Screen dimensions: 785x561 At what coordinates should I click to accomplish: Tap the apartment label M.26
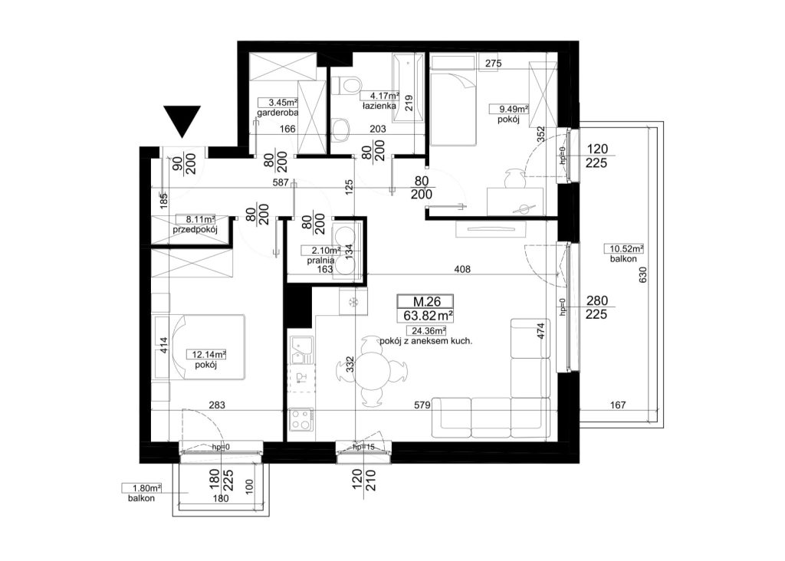tap(426, 301)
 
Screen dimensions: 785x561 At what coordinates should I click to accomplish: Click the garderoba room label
tap(278, 113)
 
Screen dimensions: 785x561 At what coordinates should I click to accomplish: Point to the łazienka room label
tap(379, 106)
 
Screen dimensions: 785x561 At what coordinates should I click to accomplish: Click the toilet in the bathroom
tap(346, 85)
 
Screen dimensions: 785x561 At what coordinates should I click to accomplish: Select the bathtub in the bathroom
tap(409, 89)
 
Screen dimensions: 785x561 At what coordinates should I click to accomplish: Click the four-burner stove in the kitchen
tap(301, 419)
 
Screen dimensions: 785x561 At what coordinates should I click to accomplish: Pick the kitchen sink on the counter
tap(301, 349)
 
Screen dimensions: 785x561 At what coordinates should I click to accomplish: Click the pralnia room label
tap(321, 261)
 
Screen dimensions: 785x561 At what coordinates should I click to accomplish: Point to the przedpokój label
tap(194, 230)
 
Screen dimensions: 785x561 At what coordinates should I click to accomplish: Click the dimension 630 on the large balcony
tap(643, 274)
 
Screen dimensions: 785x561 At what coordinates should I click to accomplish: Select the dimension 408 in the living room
tap(462, 269)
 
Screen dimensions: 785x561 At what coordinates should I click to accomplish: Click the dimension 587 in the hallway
tap(281, 182)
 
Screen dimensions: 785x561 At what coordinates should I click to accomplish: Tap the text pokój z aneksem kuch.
tap(426, 341)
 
